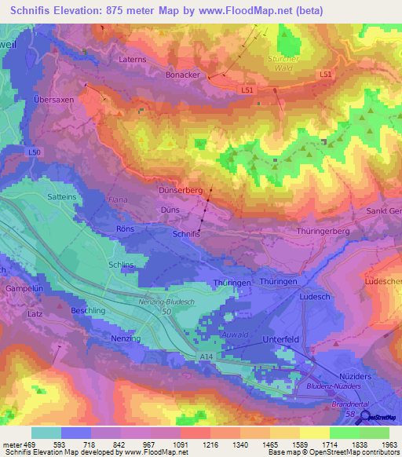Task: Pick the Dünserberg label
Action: click(181, 190)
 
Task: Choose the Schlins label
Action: click(122, 265)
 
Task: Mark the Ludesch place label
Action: click(315, 297)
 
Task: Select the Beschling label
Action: click(87, 311)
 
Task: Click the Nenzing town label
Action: click(126, 338)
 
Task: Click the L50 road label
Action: click(33, 152)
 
